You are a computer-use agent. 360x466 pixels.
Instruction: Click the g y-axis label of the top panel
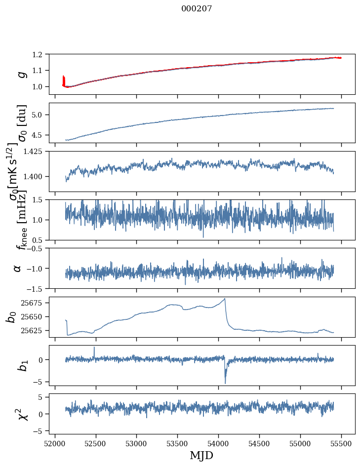click(x=21, y=74)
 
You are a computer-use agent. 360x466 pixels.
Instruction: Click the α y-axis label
click(x=18, y=268)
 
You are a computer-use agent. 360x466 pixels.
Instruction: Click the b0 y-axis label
click(x=11, y=316)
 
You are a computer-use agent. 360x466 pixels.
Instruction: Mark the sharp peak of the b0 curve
click(x=225, y=299)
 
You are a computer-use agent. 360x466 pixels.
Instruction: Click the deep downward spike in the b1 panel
click(x=225, y=383)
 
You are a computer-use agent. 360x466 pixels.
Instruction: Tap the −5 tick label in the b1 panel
click(x=40, y=382)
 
